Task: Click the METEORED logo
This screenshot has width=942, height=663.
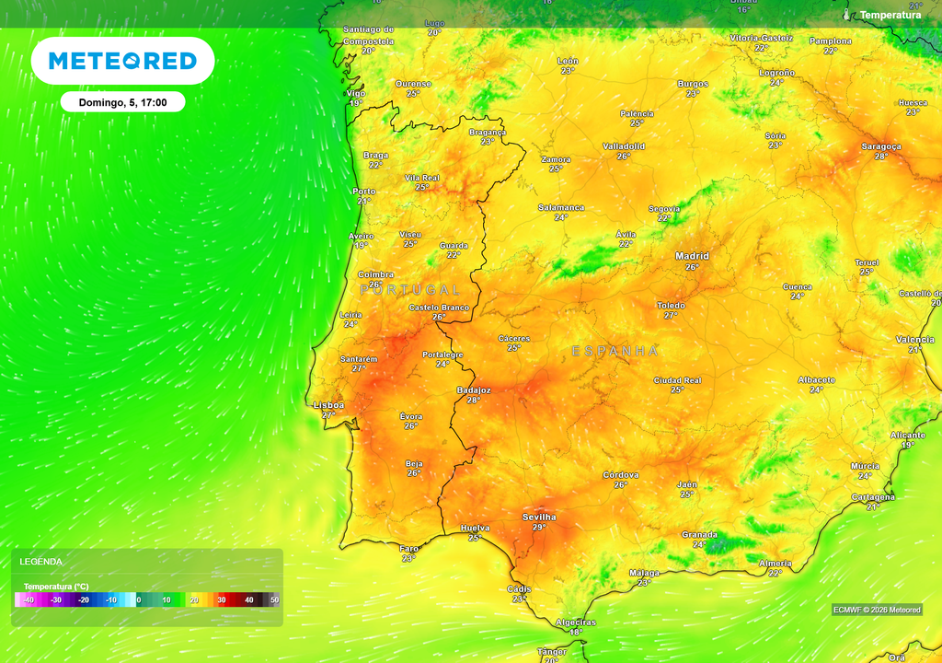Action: tap(122, 61)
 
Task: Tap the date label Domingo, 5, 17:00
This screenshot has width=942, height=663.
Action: tap(122, 102)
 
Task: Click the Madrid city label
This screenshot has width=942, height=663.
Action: tap(692, 256)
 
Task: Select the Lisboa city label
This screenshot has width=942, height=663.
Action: tap(328, 405)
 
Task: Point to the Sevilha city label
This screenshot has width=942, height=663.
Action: tap(539, 517)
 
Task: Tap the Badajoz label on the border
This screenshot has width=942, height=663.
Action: tap(474, 390)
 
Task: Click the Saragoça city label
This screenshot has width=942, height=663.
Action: tap(880, 146)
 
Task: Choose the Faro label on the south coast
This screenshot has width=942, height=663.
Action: tap(409, 549)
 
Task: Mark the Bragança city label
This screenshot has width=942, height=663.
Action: tap(488, 132)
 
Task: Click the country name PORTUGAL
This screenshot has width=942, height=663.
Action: tap(409, 290)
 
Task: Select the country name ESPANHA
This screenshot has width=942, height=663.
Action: tap(615, 351)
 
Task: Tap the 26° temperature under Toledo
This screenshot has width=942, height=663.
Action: tap(671, 315)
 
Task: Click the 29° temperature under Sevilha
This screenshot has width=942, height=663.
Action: tap(539, 528)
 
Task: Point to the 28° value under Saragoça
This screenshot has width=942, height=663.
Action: tap(881, 157)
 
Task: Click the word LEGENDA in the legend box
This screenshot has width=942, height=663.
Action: tap(41, 562)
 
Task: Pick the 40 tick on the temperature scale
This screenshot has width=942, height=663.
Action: tap(248, 600)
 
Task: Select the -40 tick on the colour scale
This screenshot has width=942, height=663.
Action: tap(29, 600)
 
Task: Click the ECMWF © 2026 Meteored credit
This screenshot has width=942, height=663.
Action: tap(876, 610)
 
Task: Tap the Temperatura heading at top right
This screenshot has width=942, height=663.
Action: tap(890, 15)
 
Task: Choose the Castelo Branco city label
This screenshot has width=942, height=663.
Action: tap(439, 308)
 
